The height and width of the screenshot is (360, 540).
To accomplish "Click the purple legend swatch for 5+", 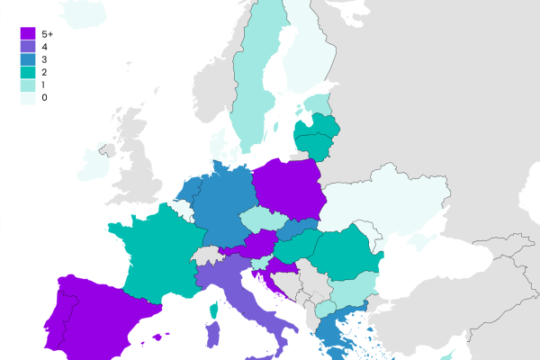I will tap(28, 33).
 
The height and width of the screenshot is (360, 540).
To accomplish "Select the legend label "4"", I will tap(44, 46).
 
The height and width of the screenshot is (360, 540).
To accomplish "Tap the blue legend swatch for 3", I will tap(28, 58).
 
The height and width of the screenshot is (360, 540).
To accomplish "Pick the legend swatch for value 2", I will tap(28, 71).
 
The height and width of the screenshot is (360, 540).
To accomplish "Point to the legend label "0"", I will tap(44, 96).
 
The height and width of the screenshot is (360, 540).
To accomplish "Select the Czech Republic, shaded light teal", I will tap(266, 219).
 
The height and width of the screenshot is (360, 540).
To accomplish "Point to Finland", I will tap(310, 54).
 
